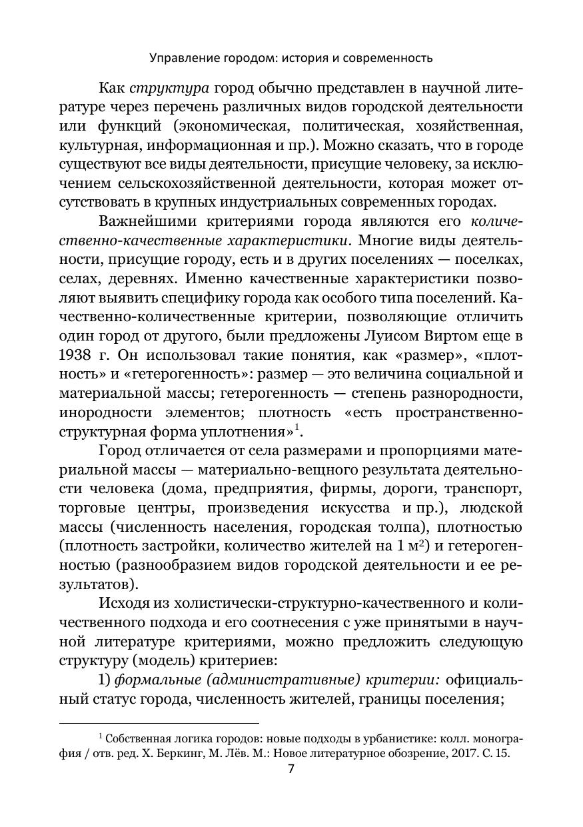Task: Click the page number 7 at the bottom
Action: (x=291, y=768)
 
